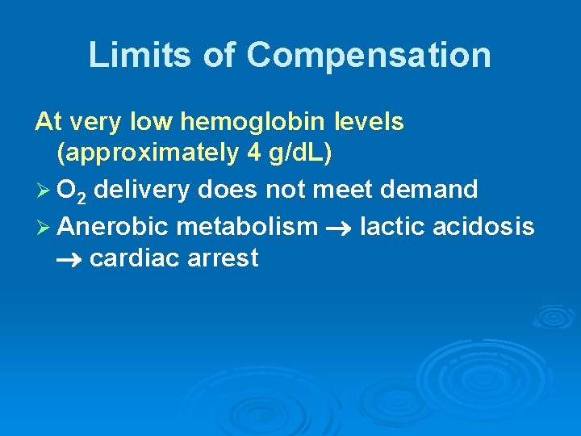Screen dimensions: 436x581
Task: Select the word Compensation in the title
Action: click(369, 56)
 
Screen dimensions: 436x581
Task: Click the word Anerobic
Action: click(113, 226)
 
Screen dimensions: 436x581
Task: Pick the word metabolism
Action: click(247, 226)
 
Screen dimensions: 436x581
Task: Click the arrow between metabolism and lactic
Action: click(338, 228)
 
